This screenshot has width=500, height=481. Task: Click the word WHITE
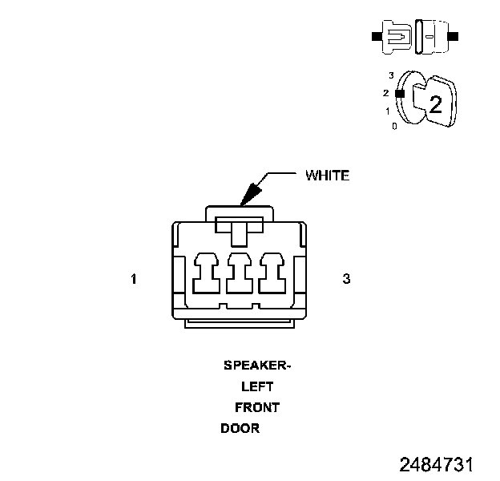point(327,176)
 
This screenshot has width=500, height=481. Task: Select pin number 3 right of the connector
point(346,279)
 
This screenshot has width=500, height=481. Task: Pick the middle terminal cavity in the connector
point(240,273)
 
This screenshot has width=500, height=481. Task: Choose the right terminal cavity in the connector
point(272,273)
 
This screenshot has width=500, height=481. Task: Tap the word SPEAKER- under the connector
point(256,366)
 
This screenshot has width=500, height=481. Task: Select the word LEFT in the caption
point(256,386)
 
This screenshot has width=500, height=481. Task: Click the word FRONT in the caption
point(257,407)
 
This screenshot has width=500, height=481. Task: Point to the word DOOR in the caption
point(240,428)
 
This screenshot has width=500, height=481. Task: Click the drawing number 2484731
point(437,465)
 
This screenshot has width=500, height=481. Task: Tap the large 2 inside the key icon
point(436,104)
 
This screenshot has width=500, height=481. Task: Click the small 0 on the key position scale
point(394,127)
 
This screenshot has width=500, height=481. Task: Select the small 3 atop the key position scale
point(390,75)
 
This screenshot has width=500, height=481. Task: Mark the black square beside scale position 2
point(399,93)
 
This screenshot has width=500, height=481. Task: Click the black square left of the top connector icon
point(376,37)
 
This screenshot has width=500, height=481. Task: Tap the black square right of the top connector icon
point(454,37)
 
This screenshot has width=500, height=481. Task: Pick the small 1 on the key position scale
point(388,111)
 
